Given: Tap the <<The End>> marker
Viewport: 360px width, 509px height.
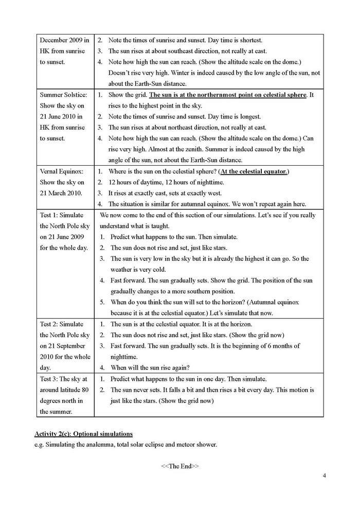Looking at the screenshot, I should [179, 466].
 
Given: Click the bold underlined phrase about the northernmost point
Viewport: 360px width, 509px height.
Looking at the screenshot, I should [228, 95].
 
